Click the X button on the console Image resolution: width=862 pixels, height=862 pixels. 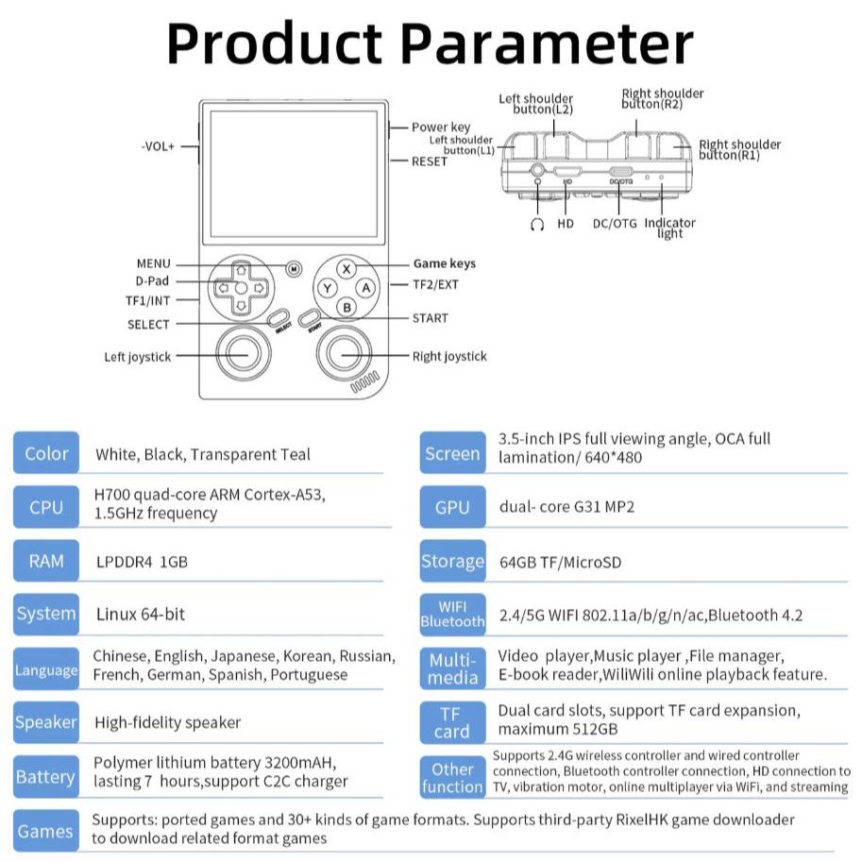(346, 269)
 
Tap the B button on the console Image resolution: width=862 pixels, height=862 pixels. (346, 307)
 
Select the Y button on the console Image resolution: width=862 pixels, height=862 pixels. (327, 288)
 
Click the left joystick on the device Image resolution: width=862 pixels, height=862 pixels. (235, 355)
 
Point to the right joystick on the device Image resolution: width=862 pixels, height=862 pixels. (345, 355)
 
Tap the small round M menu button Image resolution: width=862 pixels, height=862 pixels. (294, 269)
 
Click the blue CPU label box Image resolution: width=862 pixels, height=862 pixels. (46, 507)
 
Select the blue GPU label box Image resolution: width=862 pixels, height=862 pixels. (452, 507)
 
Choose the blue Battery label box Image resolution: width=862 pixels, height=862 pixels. (46, 777)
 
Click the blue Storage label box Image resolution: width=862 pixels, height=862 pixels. (452, 561)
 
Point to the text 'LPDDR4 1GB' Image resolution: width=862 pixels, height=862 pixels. (143, 562)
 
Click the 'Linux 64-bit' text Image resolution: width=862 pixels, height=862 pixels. (141, 615)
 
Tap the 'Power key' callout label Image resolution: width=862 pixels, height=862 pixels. (440, 127)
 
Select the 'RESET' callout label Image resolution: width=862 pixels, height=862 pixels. (430, 161)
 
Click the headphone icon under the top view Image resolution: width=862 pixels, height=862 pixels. (537, 225)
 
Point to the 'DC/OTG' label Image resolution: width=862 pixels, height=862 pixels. (615, 224)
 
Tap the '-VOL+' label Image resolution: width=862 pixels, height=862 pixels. (158, 146)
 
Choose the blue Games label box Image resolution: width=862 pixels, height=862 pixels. (46, 831)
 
